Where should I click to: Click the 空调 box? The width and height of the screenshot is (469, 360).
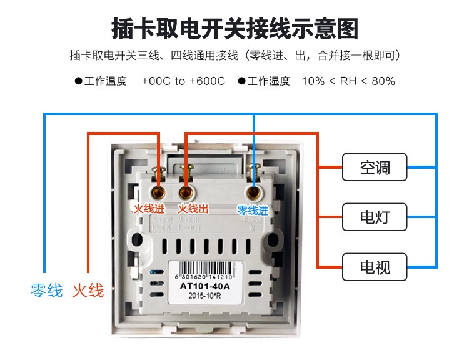tap(375, 167)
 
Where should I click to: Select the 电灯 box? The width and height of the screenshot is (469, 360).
tap(375, 217)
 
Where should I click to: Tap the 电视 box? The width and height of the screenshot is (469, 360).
tap(375, 267)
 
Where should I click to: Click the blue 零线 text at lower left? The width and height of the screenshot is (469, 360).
tap(47, 291)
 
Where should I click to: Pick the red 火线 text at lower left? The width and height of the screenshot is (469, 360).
tap(88, 291)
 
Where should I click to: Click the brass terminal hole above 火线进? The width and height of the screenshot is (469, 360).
tap(158, 191)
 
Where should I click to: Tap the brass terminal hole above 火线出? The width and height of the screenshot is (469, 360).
tap(186, 191)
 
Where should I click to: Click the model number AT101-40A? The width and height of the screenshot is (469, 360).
tap(204, 286)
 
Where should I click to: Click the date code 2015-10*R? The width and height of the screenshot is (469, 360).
tap(204, 297)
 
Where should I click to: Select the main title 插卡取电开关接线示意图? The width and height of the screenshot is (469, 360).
tap(234, 29)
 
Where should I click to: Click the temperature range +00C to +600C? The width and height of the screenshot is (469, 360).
tap(183, 81)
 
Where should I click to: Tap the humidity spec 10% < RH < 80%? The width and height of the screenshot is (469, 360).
tap(348, 81)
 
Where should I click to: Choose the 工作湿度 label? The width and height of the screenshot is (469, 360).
tap(268, 81)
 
